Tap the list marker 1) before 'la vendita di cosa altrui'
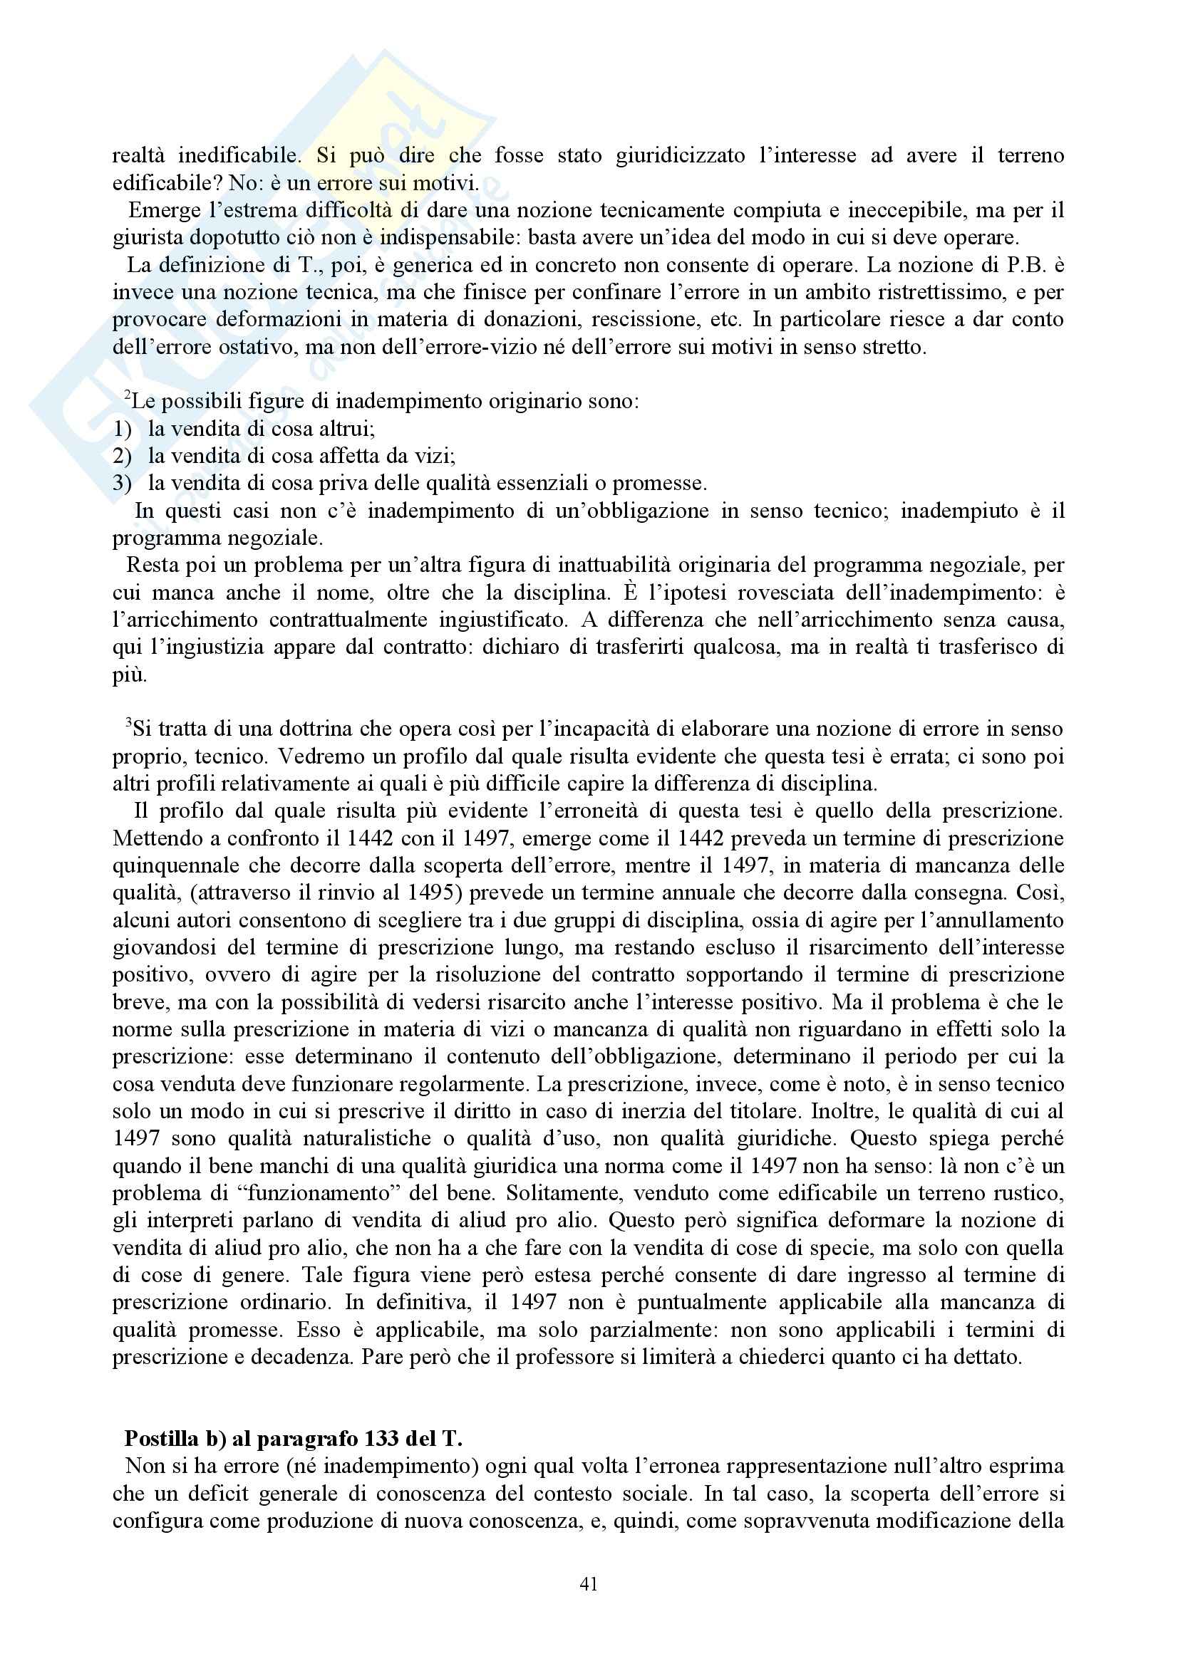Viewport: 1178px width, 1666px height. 122,429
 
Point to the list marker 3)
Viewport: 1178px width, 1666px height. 122,483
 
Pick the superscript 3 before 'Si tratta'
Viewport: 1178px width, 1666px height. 128,724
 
